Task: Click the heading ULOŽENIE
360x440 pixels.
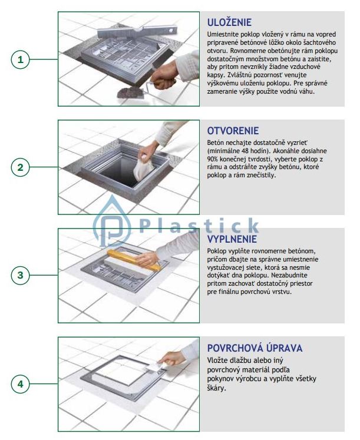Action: (229, 22)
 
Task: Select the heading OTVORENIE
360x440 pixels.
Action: (233, 131)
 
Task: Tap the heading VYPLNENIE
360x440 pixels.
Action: (232, 239)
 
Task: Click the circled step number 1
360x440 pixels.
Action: (20, 59)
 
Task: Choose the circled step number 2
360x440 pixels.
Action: (20, 167)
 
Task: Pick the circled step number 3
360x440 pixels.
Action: (20, 275)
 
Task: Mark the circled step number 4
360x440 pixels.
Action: (20, 384)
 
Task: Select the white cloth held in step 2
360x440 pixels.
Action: (143, 168)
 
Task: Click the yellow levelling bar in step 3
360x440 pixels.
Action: (134, 260)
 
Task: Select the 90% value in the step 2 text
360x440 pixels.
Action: (213, 159)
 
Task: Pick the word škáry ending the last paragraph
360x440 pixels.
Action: (216, 388)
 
